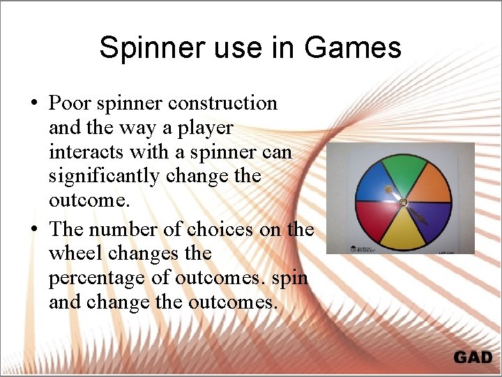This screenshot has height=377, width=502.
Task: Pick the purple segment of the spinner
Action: [x=432, y=216]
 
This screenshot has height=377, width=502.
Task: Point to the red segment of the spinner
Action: [x=374, y=217]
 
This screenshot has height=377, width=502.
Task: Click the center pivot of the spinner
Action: [x=402, y=202]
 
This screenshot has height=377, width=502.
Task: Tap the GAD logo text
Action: [x=473, y=357]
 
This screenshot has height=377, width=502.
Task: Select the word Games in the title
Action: [x=353, y=47]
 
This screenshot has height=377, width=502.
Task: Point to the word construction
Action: [x=222, y=103]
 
